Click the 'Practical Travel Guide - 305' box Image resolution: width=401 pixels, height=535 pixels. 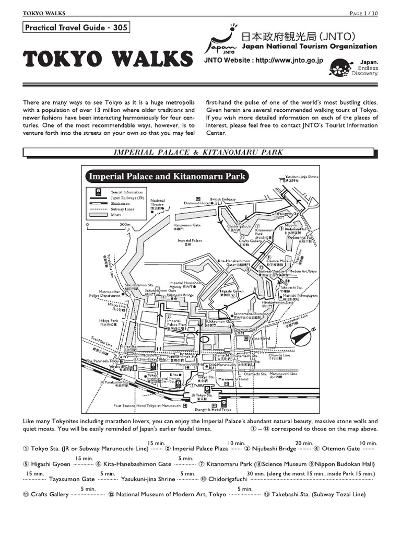point(76,28)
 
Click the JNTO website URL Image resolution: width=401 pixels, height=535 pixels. point(263,61)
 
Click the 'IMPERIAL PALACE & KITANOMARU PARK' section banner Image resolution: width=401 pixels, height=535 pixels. point(198,153)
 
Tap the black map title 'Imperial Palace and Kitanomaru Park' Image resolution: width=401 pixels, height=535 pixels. point(167,177)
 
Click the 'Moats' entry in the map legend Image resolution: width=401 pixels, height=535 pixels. point(116,215)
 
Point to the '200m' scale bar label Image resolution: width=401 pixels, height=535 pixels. point(125,225)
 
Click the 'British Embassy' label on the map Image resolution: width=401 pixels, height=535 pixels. point(223,199)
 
